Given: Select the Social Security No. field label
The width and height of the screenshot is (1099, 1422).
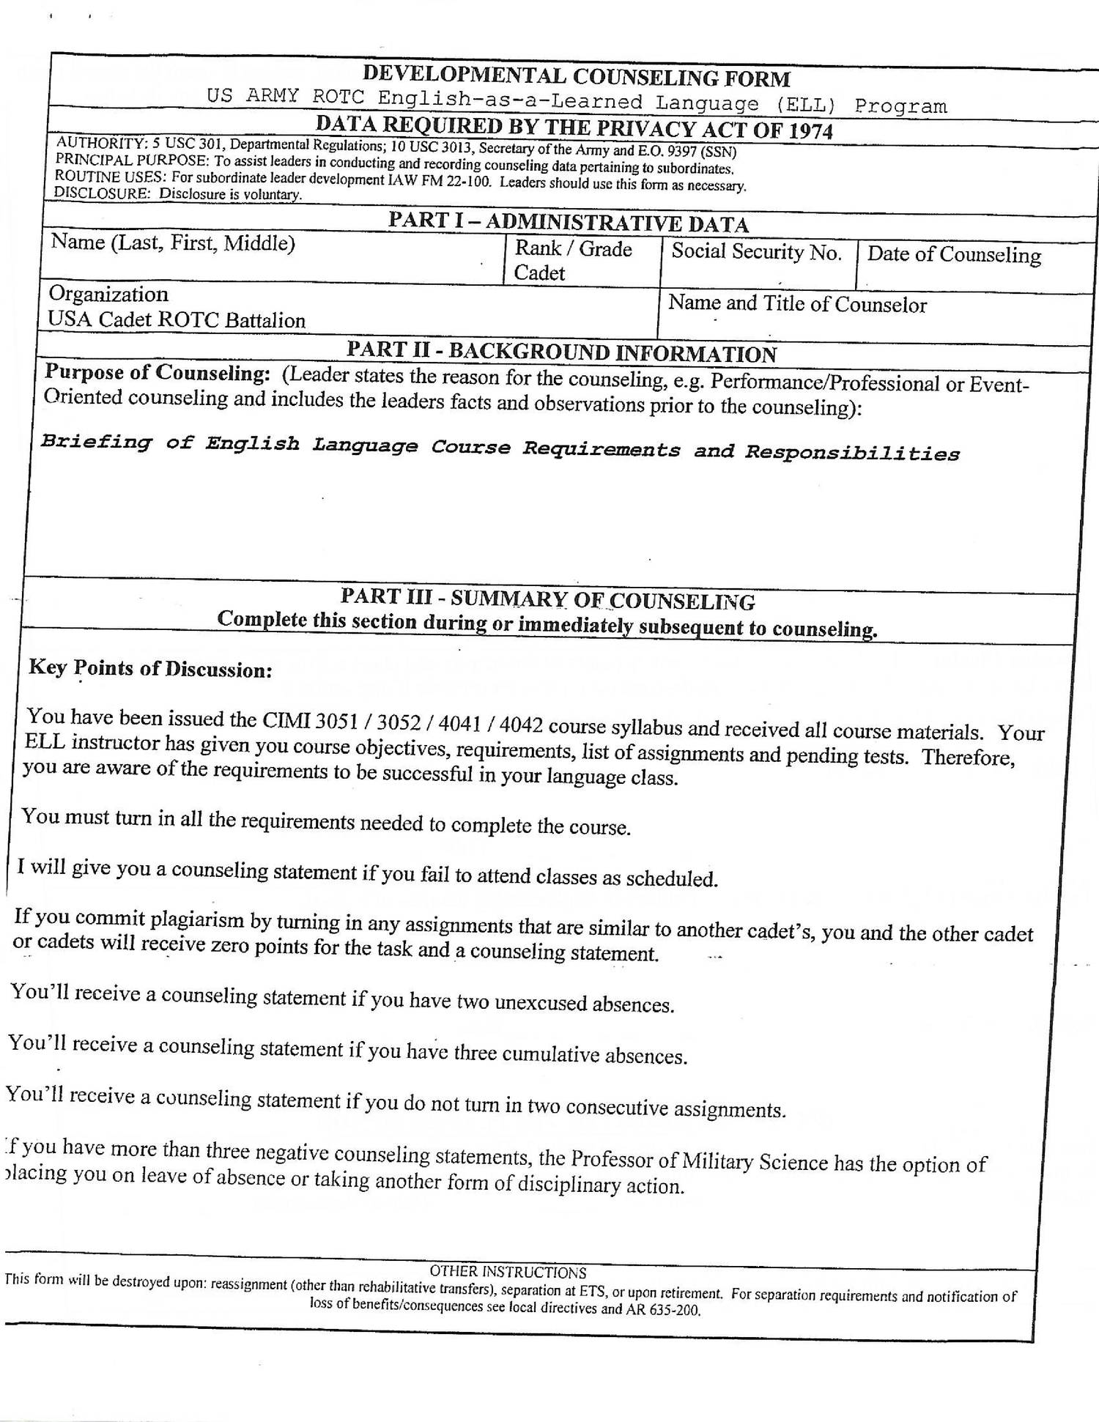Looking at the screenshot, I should click(x=756, y=252).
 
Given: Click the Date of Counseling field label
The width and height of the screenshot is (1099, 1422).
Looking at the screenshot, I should click(x=954, y=255).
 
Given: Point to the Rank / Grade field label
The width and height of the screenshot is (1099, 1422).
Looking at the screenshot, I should click(x=573, y=249).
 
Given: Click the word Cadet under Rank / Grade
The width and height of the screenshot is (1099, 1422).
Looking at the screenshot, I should click(x=539, y=273).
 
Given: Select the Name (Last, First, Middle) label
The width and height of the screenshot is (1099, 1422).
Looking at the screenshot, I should click(x=173, y=242).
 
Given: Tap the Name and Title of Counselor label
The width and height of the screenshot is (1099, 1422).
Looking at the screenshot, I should click(x=797, y=304).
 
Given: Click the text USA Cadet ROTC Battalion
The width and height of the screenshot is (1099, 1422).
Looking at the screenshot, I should click(x=177, y=320).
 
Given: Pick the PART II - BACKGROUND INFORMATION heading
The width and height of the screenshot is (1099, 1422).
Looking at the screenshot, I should click(x=561, y=352).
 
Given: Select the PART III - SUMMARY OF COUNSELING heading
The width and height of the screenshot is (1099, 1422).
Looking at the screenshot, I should click(x=547, y=599).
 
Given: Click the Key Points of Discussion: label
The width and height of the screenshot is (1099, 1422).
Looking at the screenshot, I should click(x=150, y=669).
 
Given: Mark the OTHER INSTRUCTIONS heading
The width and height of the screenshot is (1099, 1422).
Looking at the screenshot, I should click(x=508, y=1273).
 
